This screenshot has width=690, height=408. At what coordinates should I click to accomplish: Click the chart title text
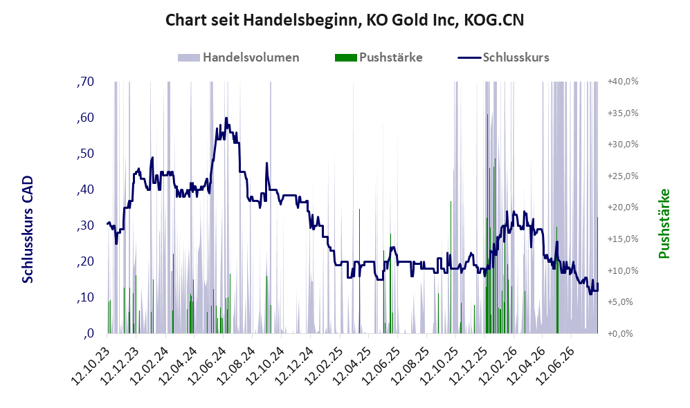point(345,20)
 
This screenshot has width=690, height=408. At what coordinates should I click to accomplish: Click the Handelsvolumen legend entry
point(239,57)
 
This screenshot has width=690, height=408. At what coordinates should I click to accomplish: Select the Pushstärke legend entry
point(379,57)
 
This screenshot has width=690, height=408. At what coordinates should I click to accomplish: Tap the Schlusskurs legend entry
point(503,57)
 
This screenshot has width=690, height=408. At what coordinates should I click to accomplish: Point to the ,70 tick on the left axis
point(85,82)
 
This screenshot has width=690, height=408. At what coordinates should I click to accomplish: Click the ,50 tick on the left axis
point(85,154)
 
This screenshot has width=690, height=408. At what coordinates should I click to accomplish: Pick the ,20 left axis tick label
point(85,261)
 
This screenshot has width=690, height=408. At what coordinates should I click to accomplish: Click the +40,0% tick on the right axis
point(623,82)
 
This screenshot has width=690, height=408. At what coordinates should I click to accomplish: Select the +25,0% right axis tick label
point(623,176)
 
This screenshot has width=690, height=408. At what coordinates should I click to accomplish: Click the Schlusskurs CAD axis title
point(28,229)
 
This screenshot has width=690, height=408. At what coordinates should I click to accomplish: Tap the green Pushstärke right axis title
point(664,223)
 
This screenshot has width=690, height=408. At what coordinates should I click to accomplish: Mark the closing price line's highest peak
point(226,118)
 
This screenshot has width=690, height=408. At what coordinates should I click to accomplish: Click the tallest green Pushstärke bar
point(487,223)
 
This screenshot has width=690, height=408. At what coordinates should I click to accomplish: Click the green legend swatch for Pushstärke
point(345,57)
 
